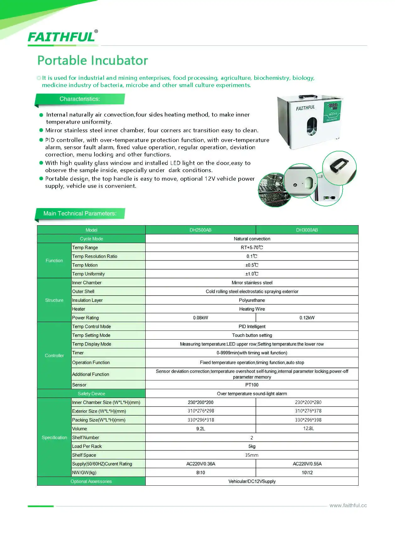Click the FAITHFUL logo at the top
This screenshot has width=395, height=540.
(62, 37)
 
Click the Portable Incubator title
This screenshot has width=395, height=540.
(93, 60)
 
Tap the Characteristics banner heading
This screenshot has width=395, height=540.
(80, 99)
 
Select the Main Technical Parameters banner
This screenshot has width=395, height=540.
(80, 214)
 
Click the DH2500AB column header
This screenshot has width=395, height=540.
(200, 230)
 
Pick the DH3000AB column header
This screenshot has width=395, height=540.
(307, 230)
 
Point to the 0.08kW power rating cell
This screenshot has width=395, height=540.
(200, 318)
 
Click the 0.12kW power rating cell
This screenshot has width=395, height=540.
(307, 318)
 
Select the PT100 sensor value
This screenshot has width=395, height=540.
(252, 385)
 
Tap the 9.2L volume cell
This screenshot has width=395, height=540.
(200, 429)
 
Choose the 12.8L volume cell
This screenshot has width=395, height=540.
(308, 428)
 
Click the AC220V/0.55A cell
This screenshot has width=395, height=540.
(307, 464)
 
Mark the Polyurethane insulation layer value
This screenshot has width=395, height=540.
(252, 300)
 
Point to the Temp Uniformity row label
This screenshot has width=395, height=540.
(88, 274)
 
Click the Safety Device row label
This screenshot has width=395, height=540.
(91, 394)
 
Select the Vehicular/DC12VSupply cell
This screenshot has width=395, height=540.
(252, 482)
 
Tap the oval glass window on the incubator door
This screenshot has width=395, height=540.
(311, 126)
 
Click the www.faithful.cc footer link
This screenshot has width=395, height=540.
(348, 505)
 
